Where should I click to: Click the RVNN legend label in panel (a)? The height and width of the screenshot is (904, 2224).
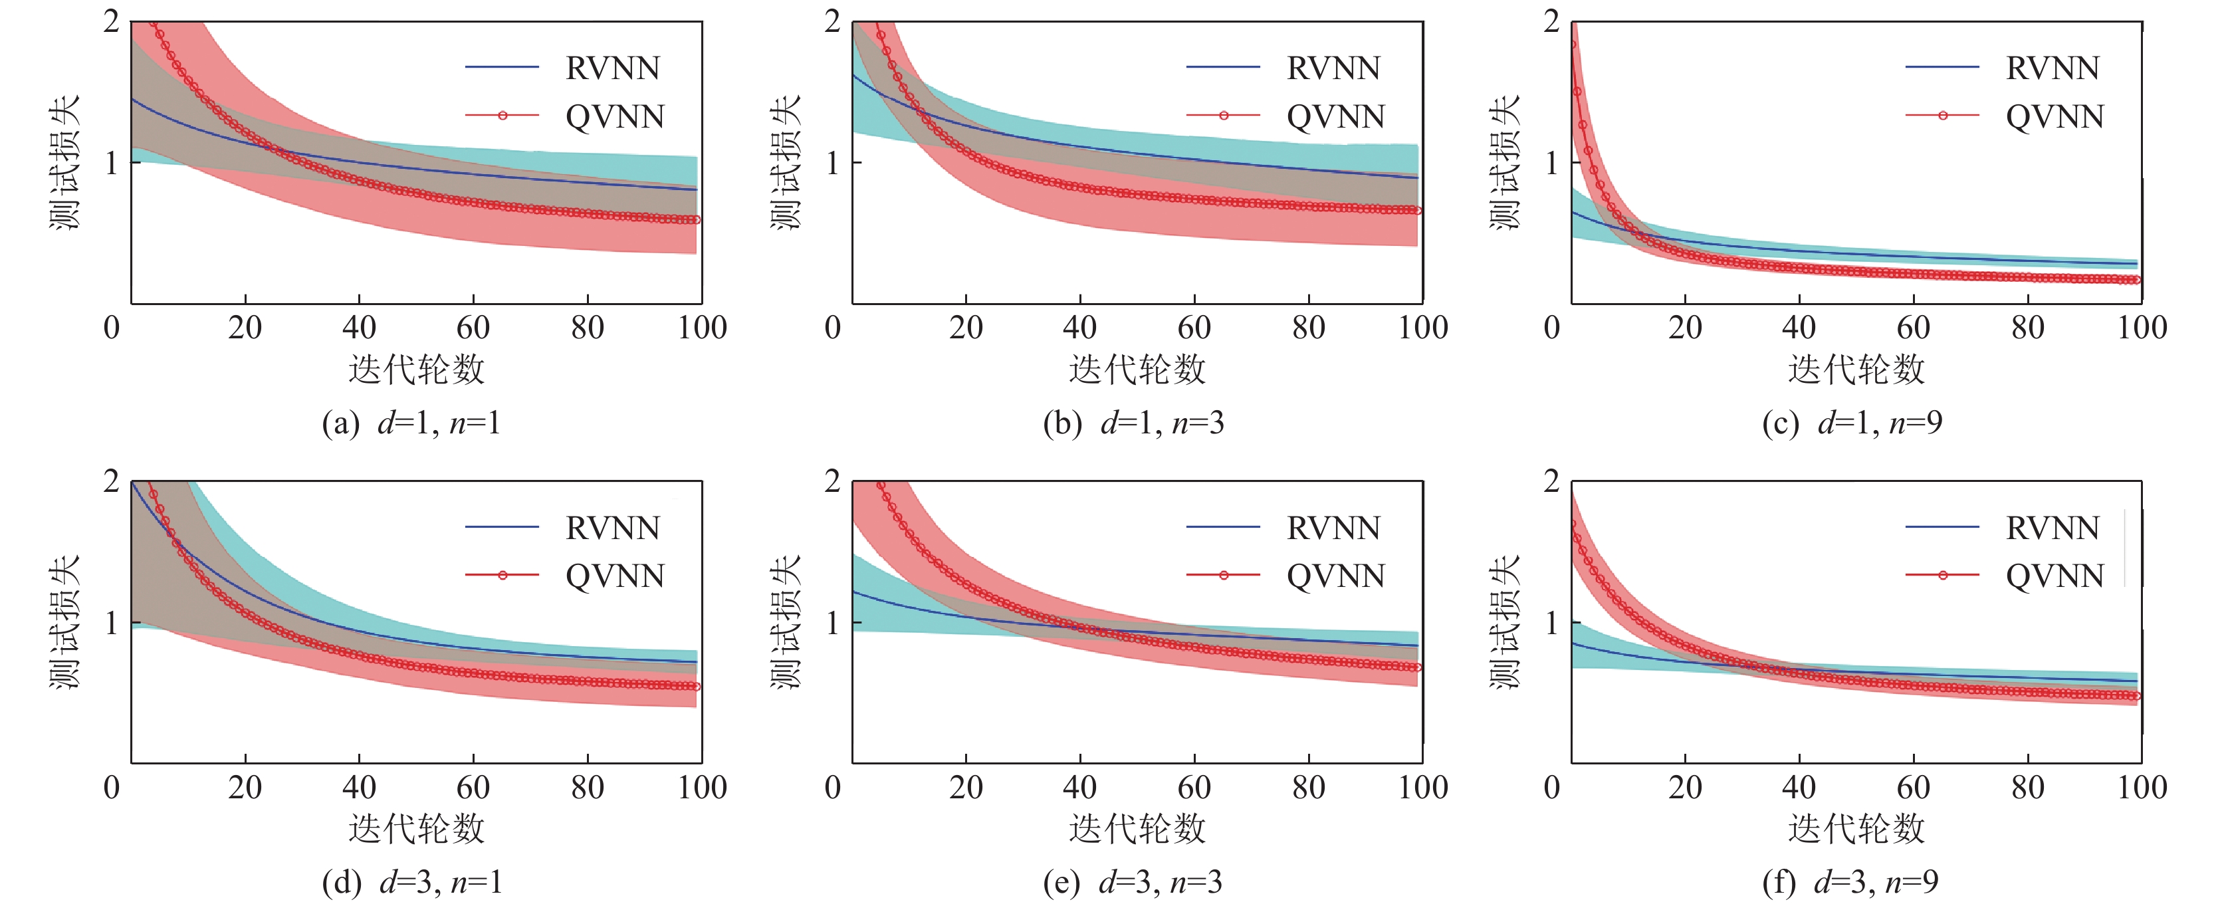pos(612,68)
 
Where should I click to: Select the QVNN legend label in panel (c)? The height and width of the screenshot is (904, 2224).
pos(2055,116)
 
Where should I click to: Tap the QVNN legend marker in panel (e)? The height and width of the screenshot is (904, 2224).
pos(1224,575)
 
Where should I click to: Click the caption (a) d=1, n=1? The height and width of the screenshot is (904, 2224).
pos(411,423)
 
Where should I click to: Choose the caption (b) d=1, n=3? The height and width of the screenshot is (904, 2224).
pos(1133,423)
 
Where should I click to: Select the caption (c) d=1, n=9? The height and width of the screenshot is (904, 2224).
pos(1852,423)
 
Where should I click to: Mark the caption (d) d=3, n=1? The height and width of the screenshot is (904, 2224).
pos(411,883)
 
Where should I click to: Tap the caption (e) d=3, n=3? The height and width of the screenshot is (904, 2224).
pos(1133,883)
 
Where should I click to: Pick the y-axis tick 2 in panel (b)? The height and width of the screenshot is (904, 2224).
pos(832,21)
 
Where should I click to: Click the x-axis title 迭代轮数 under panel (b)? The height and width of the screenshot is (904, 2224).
pos(1137,370)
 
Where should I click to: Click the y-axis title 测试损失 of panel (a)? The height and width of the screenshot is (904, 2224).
pos(64,162)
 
